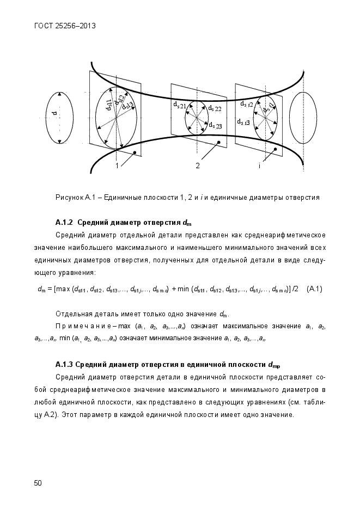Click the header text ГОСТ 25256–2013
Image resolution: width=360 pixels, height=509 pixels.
point(61,26)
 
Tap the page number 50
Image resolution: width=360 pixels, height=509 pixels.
point(38,482)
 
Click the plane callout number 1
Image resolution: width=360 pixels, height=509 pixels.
point(117,165)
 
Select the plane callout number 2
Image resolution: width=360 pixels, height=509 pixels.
point(198,165)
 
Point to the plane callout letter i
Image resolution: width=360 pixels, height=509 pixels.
point(259,165)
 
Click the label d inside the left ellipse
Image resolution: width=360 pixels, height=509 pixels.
point(54,114)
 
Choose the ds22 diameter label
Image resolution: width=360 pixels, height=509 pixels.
point(215,108)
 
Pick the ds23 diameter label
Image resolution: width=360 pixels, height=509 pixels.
point(215,126)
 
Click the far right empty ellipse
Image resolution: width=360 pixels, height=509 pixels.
point(303,118)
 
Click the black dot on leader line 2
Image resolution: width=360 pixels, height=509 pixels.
point(218,143)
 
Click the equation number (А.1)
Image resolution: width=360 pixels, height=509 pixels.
point(315,289)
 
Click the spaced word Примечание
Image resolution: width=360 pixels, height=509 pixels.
point(80,326)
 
